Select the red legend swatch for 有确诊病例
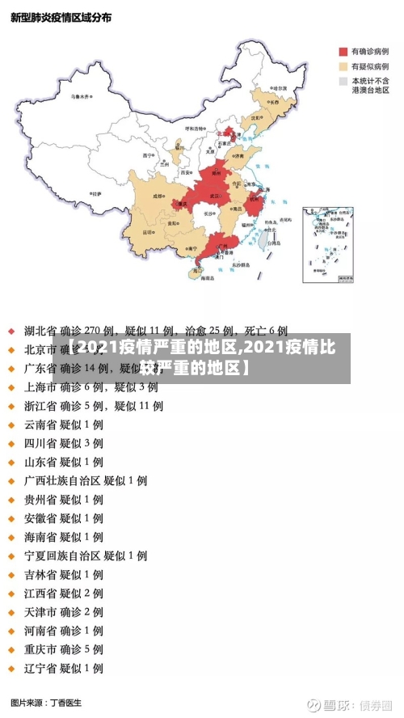342,50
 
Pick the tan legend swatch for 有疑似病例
342,66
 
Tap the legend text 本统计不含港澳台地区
370,86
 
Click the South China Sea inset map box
328,244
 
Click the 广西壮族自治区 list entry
85,480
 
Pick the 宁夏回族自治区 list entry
85,555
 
